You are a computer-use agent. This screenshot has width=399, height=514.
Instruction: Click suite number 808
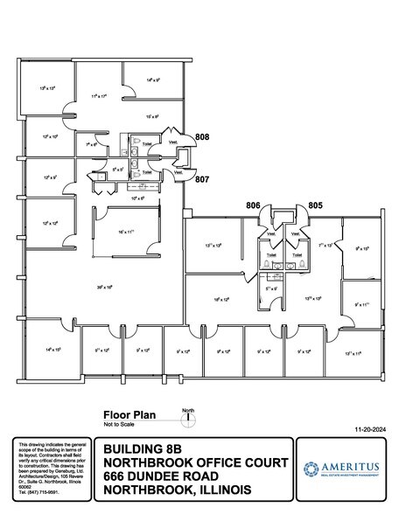tap(202, 138)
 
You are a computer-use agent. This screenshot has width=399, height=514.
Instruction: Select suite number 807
tap(202, 179)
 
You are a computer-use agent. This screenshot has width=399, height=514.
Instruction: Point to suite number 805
tap(316, 205)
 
